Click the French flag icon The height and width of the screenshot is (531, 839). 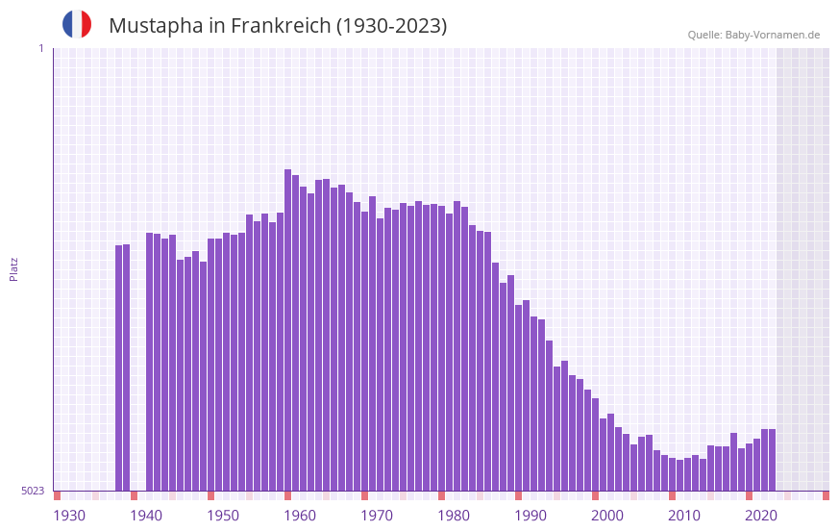(77, 24)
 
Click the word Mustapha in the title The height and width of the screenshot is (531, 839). (154, 26)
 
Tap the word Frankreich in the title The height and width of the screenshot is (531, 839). (279, 26)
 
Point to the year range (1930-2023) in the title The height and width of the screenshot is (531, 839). (391, 26)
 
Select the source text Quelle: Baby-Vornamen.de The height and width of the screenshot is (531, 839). (753, 35)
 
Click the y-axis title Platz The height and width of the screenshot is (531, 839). (13, 268)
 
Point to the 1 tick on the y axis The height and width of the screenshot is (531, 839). (40, 48)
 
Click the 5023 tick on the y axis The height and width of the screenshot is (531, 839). (33, 491)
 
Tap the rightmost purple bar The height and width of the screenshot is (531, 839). (772, 460)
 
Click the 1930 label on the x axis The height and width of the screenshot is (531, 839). (69, 516)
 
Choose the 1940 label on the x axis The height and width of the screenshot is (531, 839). (146, 516)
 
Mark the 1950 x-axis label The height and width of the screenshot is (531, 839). (223, 516)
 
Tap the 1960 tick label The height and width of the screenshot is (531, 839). (300, 516)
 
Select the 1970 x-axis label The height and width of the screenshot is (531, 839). (377, 516)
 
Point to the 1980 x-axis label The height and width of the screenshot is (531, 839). (454, 516)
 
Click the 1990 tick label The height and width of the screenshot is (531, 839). (531, 516)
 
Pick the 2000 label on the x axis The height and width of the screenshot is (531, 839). (607, 516)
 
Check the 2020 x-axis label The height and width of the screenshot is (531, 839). (761, 516)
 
